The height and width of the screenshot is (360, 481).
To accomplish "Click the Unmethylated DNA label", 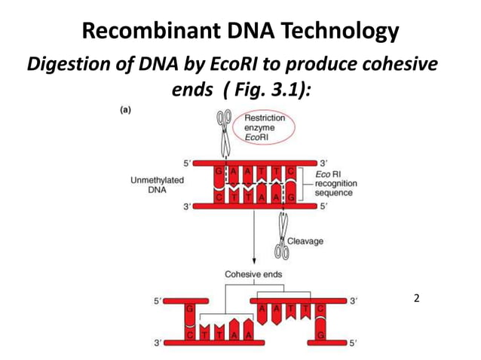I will (156, 185).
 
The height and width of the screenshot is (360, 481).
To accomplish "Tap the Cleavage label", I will (306, 241).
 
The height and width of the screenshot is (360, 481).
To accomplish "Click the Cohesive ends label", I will (253, 274).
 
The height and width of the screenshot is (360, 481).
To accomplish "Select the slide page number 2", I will (417, 299).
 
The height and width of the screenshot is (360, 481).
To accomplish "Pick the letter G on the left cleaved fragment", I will (189, 309).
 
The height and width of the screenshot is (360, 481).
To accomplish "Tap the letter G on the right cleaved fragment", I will (320, 335).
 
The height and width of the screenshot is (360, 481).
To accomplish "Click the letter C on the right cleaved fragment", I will (320, 309).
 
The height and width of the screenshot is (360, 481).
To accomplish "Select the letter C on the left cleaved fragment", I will (189, 335).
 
